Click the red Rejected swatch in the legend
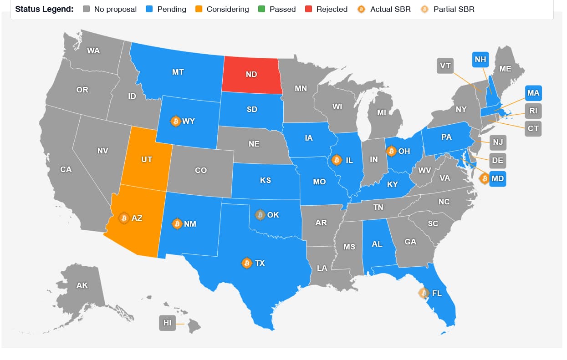(x=309, y=9)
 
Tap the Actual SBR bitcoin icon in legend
(x=362, y=9)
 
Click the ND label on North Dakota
(x=251, y=74)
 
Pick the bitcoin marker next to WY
(x=175, y=121)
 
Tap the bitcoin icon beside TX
(x=247, y=263)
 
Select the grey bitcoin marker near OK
(x=260, y=215)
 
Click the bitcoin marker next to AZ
(x=123, y=218)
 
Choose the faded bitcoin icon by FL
(x=424, y=293)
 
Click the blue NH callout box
(x=480, y=59)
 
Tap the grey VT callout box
(x=445, y=66)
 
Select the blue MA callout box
(x=533, y=93)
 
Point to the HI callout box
(x=168, y=323)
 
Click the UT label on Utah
(x=147, y=159)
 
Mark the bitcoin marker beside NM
(x=177, y=224)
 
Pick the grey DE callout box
(x=498, y=160)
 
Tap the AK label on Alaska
(x=82, y=286)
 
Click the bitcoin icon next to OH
(x=391, y=151)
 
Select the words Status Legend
(x=44, y=9)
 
